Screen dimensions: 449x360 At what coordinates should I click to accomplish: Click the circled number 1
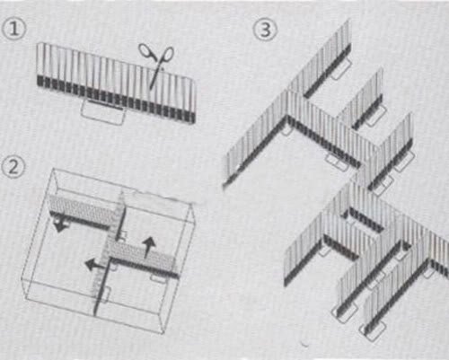pyautogui.click(x=13, y=29)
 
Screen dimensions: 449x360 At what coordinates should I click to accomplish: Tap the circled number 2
pyautogui.click(x=13, y=167)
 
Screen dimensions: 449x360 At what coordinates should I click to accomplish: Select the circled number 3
pyautogui.click(x=265, y=30)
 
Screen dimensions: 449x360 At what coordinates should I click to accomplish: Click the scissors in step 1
pyautogui.click(x=157, y=64)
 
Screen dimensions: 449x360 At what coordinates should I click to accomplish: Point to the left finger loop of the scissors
pyautogui.click(x=146, y=51)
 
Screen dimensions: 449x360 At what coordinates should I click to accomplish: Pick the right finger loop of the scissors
pyautogui.click(x=168, y=54)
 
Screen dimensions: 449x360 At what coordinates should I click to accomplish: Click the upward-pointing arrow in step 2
pyautogui.click(x=149, y=247)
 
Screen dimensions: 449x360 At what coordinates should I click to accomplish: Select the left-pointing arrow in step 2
pyautogui.click(x=95, y=265)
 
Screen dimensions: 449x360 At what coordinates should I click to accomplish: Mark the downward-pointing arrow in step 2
pyautogui.click(x=60, y=225)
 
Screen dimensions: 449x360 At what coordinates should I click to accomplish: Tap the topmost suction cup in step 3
pyautogui.click(x=341, y=68)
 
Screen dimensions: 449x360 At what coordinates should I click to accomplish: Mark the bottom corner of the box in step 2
pyautogui.click(x=163, y=333)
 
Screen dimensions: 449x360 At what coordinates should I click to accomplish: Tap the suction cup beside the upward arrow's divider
pyautogui.click(x=159, y=277)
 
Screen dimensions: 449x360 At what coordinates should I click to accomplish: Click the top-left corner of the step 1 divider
pyautogui.click(x=38, y=44)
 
